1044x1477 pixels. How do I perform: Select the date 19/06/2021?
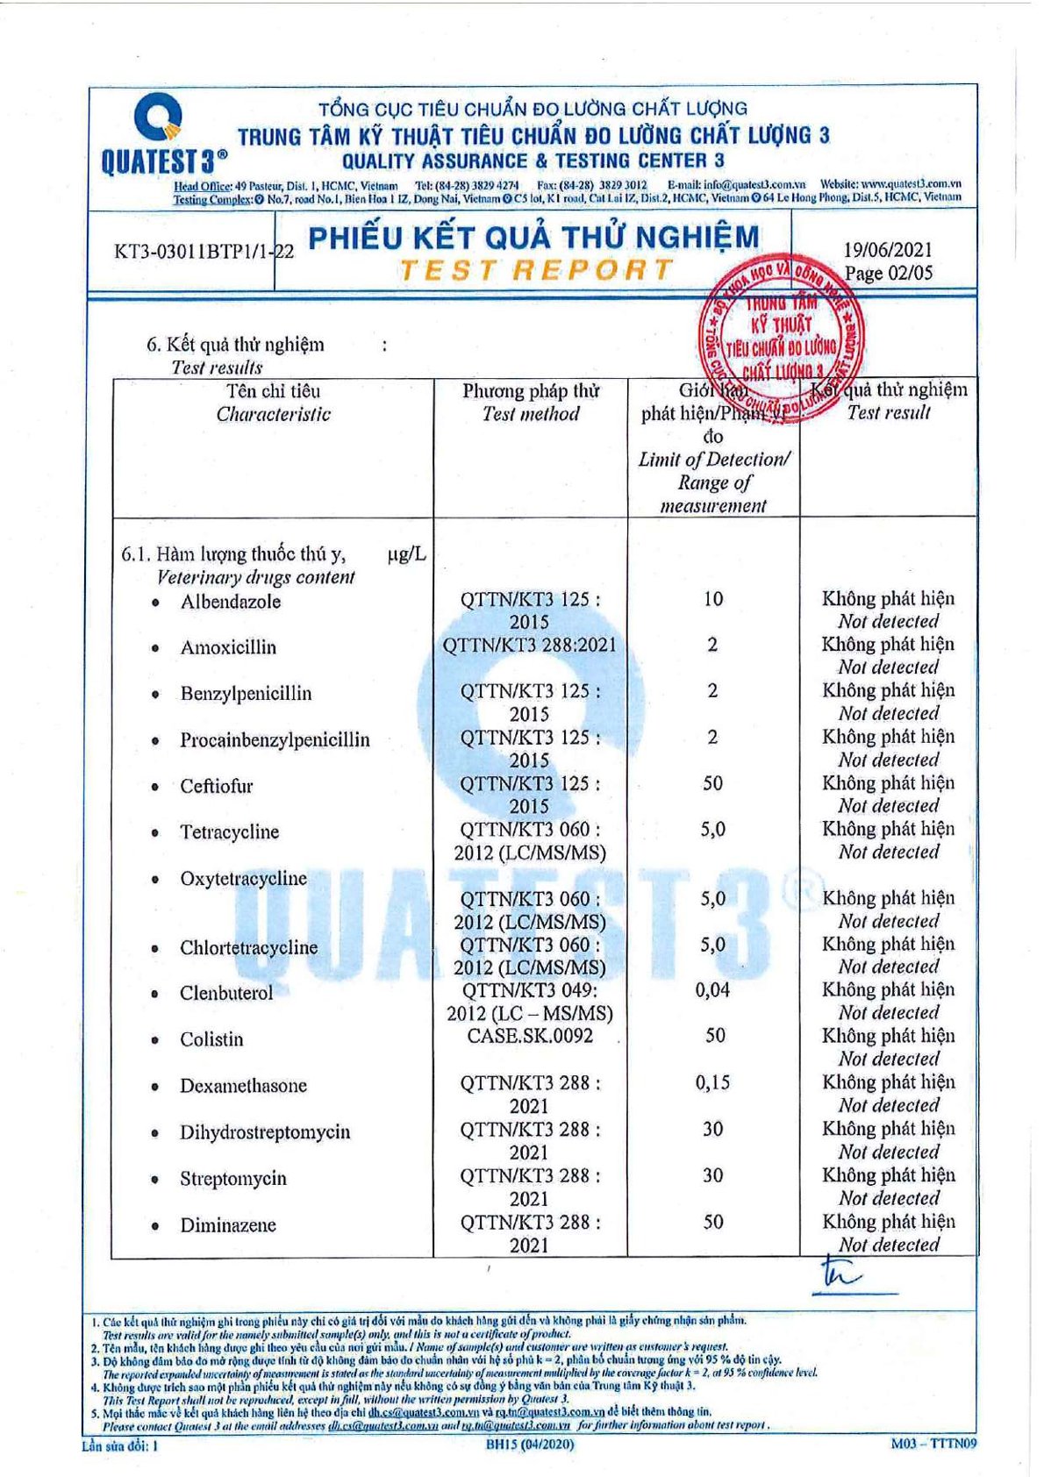(888, 250)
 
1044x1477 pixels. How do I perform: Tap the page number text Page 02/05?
(888, 273)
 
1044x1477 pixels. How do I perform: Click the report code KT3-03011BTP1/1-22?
(204, 252)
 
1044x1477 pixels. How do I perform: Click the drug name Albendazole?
(231, 602)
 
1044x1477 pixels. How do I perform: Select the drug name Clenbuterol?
(226, 993)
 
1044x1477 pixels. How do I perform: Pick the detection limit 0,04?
(712, 990)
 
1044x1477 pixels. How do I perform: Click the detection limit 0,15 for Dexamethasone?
(712, 1083)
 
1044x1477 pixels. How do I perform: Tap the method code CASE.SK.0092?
(530, 1036)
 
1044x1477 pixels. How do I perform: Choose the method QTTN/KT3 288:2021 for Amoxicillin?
(530, 646)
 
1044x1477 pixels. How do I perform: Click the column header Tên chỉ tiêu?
(274, 391)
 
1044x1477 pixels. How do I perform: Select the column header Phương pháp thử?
(531, 391)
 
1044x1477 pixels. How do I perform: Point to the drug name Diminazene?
(228, 1225)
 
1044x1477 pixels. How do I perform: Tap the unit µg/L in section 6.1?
(406, 554)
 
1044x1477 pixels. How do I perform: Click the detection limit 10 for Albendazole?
(712, 599)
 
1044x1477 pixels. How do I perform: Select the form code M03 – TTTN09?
(933, 1444)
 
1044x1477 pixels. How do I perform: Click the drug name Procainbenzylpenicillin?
(275, 739)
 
